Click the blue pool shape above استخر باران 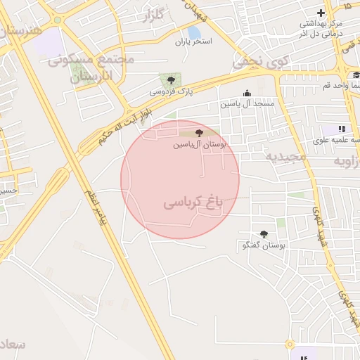pos(193,32)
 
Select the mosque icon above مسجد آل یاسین pos(247,93)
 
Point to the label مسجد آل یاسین pos(247,103)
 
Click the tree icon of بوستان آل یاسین pos(199,132)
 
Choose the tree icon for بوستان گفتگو pos(264,234)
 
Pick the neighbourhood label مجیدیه pos(286,155)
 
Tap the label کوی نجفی pos(260,62)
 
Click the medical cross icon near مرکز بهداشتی pos(321,13)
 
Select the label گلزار pos(157,15)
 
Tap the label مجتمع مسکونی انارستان pos(91,69)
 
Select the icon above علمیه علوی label pos(342,129)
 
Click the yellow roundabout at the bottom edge pos(289,344)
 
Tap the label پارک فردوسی pos(170,91)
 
